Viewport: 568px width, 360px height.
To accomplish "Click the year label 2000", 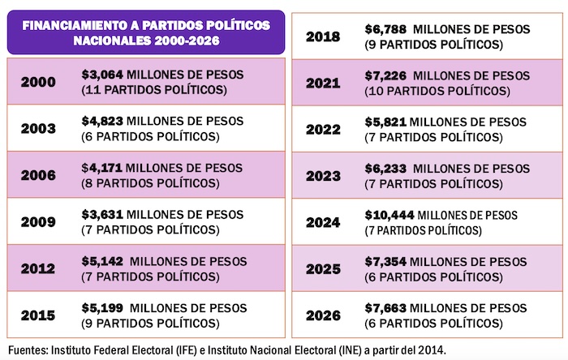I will coord(39,81).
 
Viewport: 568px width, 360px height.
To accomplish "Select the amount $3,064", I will coord(102,74).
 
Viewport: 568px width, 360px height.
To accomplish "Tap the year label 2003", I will coord(39,128).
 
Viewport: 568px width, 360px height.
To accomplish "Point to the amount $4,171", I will coord(102,168).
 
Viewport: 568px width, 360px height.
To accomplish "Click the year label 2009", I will coord(39,222).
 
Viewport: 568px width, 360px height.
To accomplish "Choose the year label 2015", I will coord(39,315).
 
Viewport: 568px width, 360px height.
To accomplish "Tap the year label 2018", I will coord(323,36).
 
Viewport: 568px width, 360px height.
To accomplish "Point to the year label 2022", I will coord(323,129).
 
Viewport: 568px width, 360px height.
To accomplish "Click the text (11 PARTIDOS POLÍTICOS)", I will coord(154,88).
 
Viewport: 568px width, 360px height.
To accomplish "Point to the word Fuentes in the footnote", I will coord(24,350).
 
